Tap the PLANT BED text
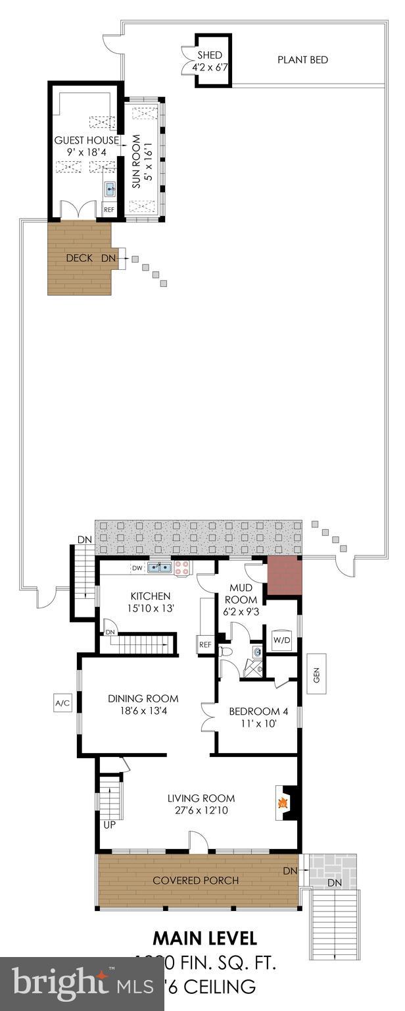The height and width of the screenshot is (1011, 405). [x=302, y=60]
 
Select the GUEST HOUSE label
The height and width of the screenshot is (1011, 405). [x=86, y=140]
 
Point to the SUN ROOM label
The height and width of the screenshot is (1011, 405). [x=136, y=162]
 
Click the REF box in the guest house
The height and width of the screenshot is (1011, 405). [x=109, y=210]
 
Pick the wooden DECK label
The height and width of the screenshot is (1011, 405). [x=79, y=258]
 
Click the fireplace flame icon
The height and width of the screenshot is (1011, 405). [x=283, y=802]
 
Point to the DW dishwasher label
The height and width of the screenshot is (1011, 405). [x=137, y=567]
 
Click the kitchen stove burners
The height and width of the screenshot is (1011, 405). [x=182, y=568]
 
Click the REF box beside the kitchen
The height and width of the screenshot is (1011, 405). [x=205, y=644]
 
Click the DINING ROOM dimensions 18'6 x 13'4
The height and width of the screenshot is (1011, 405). [x=143, y=710]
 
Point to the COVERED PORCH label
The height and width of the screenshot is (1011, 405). [x=195, y=880]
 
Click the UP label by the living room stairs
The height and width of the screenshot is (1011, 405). [x=109, y=823]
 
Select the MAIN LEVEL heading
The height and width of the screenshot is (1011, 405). [x=204, y=937]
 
